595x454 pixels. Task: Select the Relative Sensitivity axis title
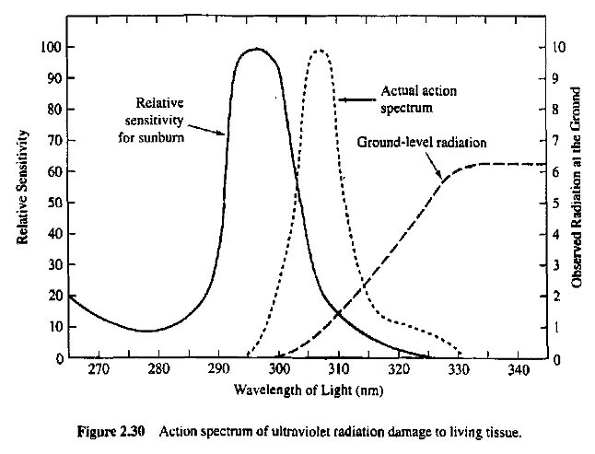[x=23, y=187]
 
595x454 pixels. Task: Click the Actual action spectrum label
[x=407, y=100]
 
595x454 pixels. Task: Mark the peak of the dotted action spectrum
[x=319, y=50]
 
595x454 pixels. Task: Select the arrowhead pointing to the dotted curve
[x=339, y=98]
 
